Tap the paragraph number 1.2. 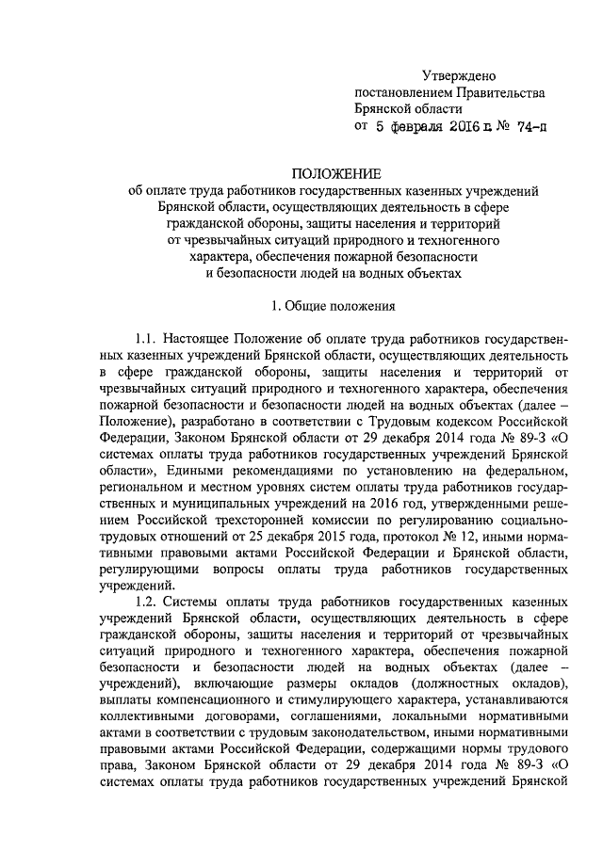tap(147, 600)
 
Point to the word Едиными tap(200, 470)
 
